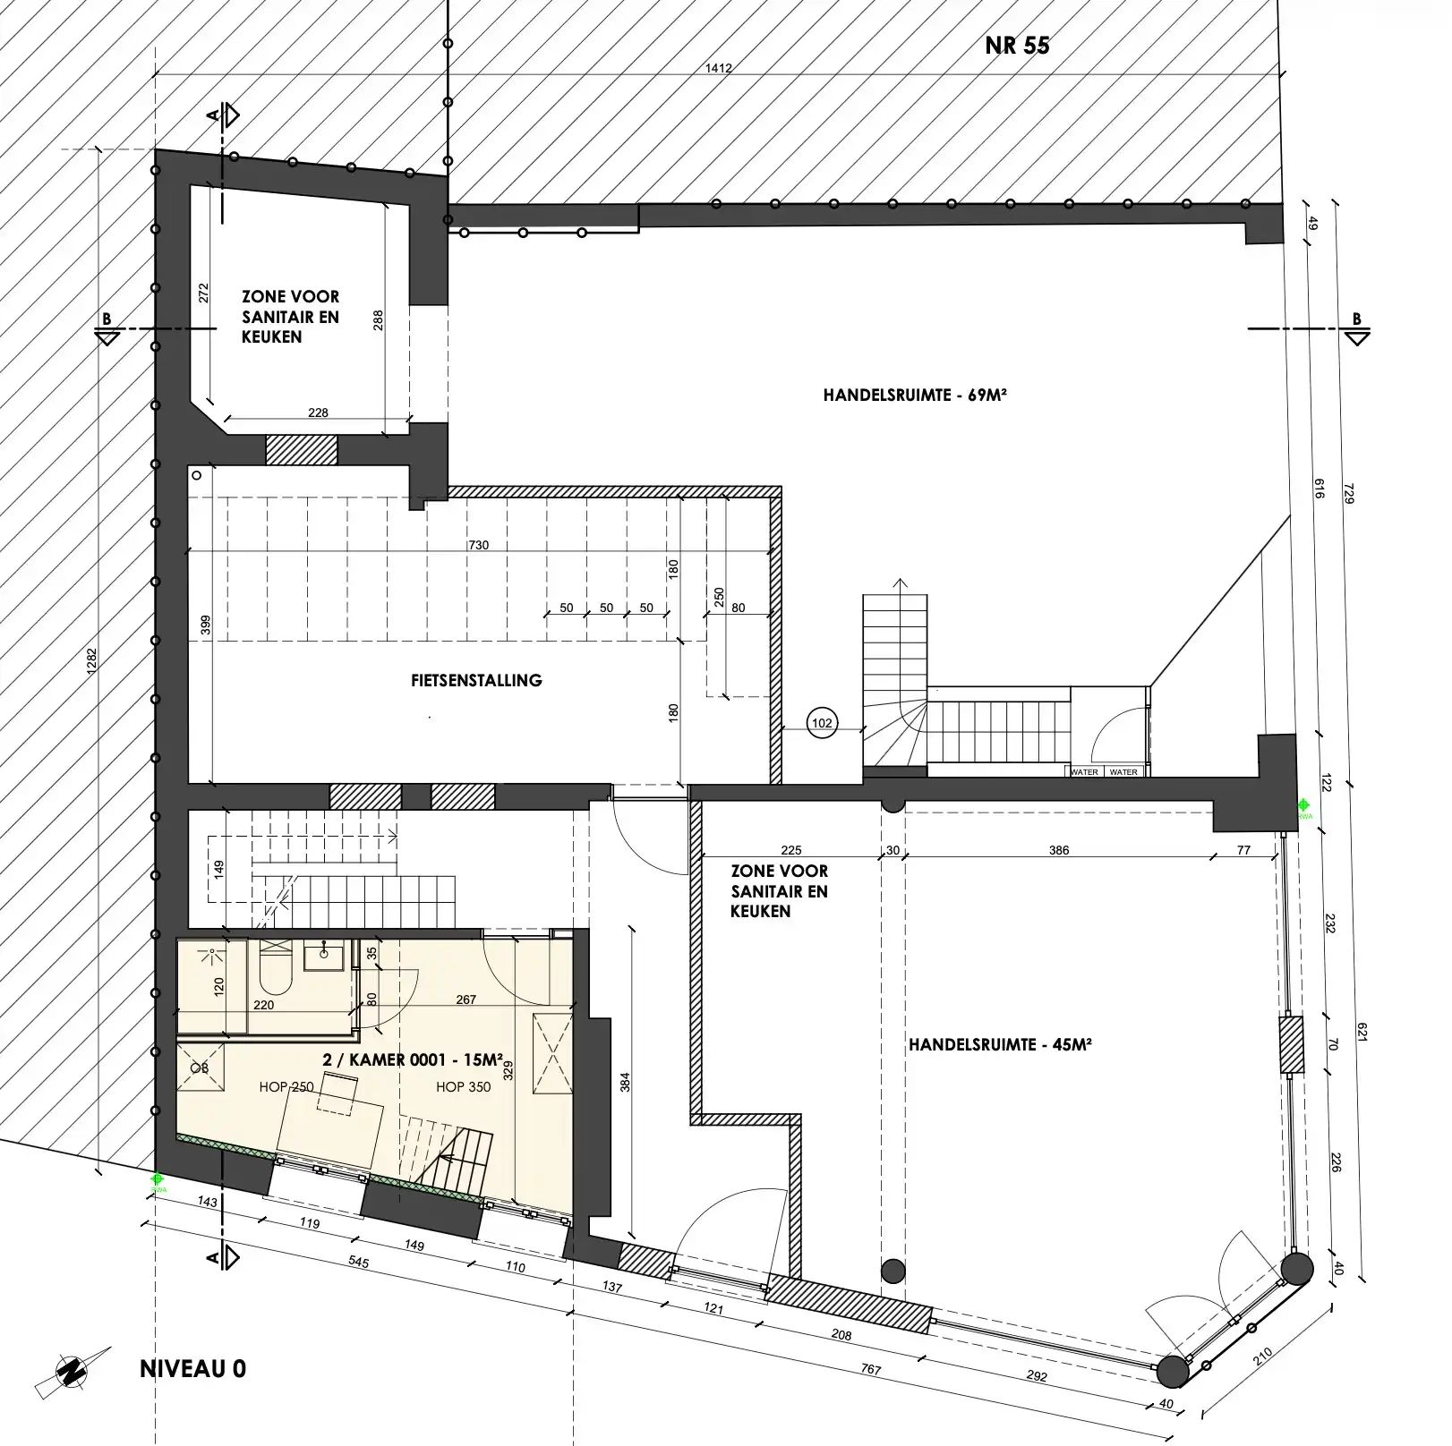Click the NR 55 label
coord(1017,46)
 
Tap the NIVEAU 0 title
coord(192,1369)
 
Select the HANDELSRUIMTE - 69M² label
coord(915,395)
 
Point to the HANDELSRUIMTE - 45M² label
coord(1000,1044)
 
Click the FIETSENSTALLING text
coord(476,680)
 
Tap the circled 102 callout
coord(821,723)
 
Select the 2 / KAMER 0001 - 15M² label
coord(412,1059)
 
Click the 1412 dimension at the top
coord(719,68)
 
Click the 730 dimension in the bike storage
coord(479,545)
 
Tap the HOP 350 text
coord(463,1087)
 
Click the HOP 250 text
coord(286,1087)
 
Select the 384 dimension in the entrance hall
coord(626,1083)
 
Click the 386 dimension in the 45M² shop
coord(1059,850)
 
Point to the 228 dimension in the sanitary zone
coord(318,413)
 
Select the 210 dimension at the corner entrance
coord(1262,1356)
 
